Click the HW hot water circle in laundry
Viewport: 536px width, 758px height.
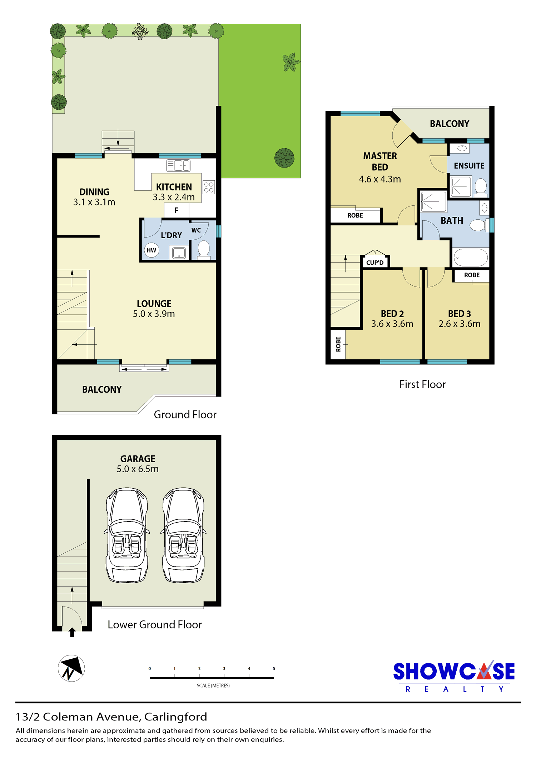coord(152,250)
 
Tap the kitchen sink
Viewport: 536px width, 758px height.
coord(178,165)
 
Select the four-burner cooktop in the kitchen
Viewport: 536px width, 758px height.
coord(209,187)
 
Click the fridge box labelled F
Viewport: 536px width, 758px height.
coord(177,210)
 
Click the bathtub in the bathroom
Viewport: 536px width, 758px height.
coord(471,257)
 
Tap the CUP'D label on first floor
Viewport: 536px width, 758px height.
coord(375,263)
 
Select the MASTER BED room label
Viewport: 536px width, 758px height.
coord(380,161)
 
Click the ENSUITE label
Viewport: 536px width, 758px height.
coord(469,166)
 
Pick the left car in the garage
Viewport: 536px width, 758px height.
coord(127,535)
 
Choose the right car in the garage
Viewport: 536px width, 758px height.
coord(183,535)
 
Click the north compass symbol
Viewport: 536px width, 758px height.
coord(71,668)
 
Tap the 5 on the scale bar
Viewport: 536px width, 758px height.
coord(274,669)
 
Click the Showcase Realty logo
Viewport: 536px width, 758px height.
coord(454,677)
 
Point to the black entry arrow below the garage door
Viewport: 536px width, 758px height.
coord(72,632)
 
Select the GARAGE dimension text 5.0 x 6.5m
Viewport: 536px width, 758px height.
coord(138,469)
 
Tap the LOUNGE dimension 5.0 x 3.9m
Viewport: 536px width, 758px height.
coord(154,314)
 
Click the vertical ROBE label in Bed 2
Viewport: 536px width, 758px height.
coord(338,344)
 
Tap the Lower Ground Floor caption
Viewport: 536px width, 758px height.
coord(155,625)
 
